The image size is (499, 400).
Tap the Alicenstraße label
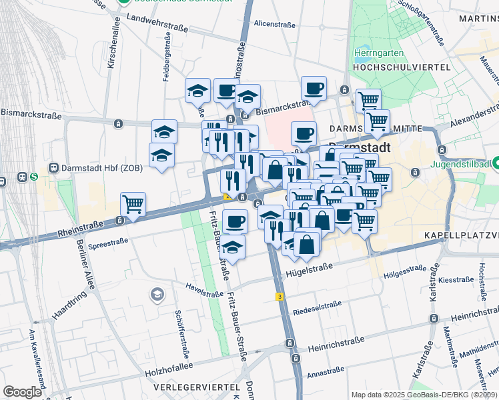click(274, 24)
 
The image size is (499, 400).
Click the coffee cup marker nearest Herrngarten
click(314, 88)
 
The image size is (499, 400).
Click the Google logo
click(22, 391)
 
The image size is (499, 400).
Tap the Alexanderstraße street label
click(474, 113)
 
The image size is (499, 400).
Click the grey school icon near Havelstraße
click(157, 295)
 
